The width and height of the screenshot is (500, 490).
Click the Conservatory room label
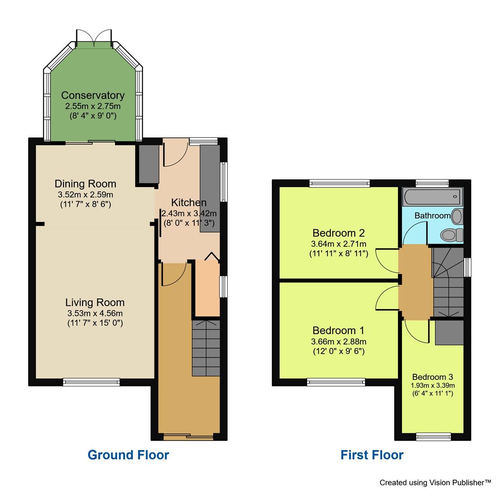click(93, 95)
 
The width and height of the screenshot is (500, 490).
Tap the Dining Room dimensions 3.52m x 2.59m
click(84, 195)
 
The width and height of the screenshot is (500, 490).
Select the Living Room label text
click(94, 303)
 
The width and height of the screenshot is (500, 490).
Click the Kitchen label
click(189, 202)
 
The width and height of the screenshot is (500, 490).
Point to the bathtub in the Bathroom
click(432, 197)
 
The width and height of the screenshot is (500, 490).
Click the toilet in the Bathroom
click(451, 235)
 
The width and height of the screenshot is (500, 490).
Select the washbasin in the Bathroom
click(457, 216)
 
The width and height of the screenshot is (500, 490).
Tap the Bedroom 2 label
click(338, 233)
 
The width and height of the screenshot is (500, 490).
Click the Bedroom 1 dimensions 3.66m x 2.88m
click(338, 342)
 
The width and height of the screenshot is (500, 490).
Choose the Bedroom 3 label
click(432, 377)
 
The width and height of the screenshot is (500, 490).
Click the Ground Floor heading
click(128, 455)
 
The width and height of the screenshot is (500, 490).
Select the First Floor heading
click(372, 455)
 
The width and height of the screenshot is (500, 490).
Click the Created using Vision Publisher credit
click(435, 482)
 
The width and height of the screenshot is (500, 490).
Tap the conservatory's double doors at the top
click(94, 38)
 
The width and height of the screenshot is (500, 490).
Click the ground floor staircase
click(206, 348)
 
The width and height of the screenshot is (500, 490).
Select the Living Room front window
click(91, 382)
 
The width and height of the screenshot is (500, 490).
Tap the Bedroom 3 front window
click(433, 437)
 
